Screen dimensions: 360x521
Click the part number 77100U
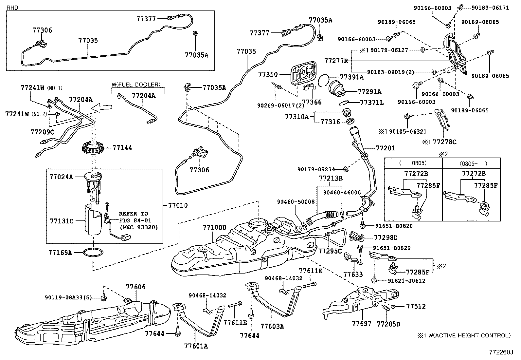tap(214, 227)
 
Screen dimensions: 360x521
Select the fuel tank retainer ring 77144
tap(94, 148)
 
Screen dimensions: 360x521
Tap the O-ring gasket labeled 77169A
tap(94, 253)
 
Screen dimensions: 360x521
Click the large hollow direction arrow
tap(102, 107)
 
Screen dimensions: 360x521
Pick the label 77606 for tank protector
tap(136, 287)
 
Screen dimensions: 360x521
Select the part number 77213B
tap(331, 178)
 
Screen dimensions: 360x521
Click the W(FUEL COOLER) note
tap(136, 85)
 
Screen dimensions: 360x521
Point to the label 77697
tap(362, 324)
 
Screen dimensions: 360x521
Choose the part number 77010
tap(178, 205)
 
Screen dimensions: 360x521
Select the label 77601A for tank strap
tap(196, 346)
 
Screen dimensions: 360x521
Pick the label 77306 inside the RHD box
tap(42, 30)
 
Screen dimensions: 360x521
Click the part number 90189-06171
tap(492, 8)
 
